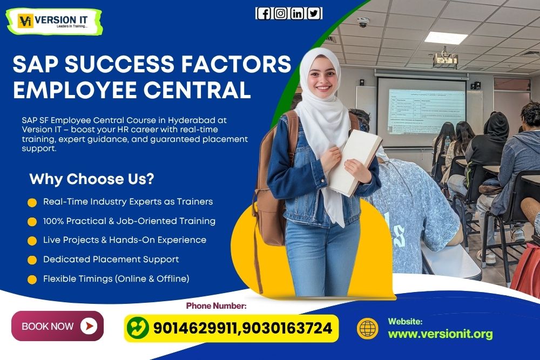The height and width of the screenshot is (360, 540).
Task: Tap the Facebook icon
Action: [264, 13]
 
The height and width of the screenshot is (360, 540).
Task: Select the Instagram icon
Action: [280, 13]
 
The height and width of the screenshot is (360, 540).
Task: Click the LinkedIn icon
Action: [297, 13]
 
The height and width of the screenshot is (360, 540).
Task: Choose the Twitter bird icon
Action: [314, 13]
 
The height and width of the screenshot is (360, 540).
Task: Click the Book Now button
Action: [57, 326]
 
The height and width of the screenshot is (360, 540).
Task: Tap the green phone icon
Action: [138, 328]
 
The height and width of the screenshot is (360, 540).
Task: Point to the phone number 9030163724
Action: [288, 328]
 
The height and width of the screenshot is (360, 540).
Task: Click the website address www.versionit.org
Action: [440, 334]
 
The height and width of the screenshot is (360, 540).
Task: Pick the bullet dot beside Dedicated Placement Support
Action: [32, 260]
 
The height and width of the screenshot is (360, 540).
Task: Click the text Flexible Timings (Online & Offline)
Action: [116, 279]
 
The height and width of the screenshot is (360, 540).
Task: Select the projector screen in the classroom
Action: [421, 111]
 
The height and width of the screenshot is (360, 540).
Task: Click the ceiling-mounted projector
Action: [446, 59]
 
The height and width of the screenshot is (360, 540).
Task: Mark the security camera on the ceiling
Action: [363, 23]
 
